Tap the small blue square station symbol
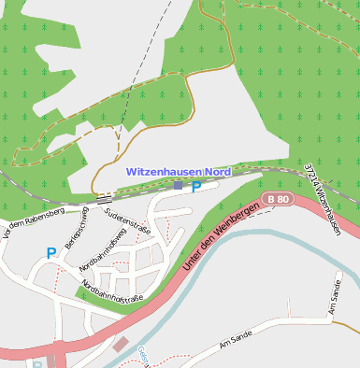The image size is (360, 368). point(178,186)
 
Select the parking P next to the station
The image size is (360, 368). point(196,187)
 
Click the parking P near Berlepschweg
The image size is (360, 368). point(50,252)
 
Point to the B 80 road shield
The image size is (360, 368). point(278,199)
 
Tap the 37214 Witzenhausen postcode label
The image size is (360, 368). point(322,199)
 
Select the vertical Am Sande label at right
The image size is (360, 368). point(336,297)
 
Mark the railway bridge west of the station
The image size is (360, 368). point(104,198)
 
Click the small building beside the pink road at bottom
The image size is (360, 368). point(120,345)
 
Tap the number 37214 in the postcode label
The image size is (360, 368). point(311,177)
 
